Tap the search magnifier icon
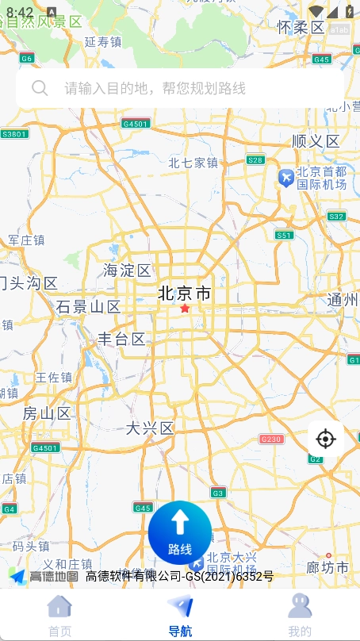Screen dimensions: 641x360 click(40, 88)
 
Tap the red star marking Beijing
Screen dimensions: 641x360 click(185, 308)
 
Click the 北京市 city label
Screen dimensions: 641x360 click(185, 293)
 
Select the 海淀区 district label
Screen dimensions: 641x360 click(127, 271)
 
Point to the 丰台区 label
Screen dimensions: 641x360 click(121, 340)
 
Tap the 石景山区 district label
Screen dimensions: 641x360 click(88, 307)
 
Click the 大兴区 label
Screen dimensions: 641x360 click(150, 428)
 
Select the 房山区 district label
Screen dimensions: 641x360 click(47, 413)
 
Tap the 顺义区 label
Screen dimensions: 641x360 click(316, 141)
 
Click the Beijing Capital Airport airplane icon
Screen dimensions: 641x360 click(285, 178)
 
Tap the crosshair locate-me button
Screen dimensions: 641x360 click(325, 439)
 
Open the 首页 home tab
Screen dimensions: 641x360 click(59, 616)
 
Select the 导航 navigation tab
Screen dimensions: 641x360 click(180, 616)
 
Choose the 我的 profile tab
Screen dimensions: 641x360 click(300, 616)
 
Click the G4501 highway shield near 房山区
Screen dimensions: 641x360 click(45, 447)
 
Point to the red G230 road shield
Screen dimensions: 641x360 click(271, 439)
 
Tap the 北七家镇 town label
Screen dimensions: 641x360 click(193, 163)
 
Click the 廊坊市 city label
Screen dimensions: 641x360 click(327, 568)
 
